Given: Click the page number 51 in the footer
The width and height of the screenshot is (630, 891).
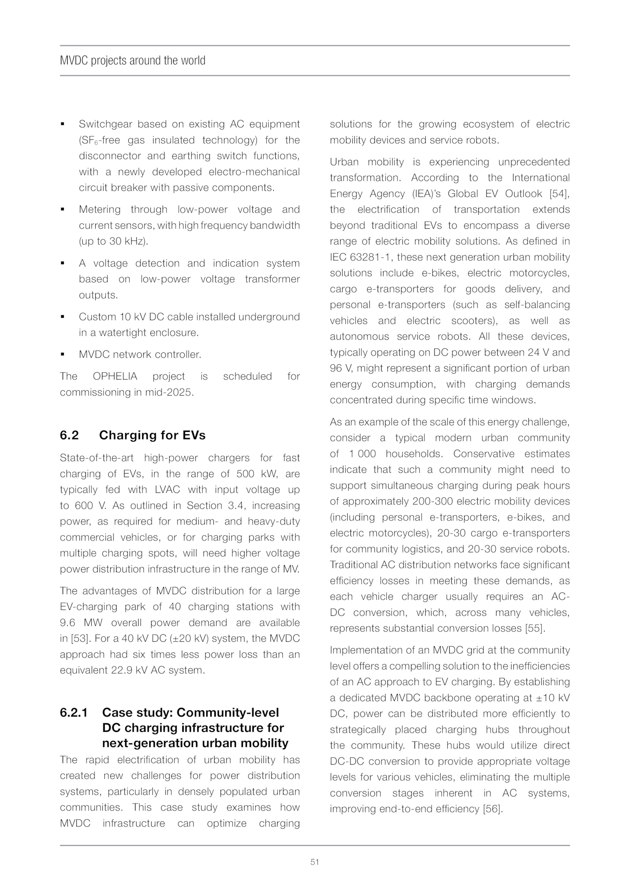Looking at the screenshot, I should tap(315, 862).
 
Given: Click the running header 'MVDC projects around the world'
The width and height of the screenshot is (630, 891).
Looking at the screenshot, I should tap(132, 61).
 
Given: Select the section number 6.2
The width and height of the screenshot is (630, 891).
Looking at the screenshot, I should tap(69, 435).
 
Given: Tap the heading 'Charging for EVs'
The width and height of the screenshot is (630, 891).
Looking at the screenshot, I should tap(152, 435).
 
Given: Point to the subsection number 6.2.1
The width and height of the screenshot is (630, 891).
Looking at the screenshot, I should tap(73, 713).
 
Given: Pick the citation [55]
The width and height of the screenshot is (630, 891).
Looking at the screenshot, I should tap(535, 628).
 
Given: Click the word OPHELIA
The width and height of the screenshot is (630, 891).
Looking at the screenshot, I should tap(115, 376).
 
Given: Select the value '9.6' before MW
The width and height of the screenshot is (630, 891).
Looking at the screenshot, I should tap(68, 623).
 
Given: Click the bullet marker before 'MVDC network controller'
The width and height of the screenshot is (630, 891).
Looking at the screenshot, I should tap(63, 354).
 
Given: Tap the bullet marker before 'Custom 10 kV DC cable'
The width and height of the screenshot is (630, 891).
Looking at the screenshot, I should tap(63, 317).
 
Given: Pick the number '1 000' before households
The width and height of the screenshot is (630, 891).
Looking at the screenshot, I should tap(362, 454).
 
